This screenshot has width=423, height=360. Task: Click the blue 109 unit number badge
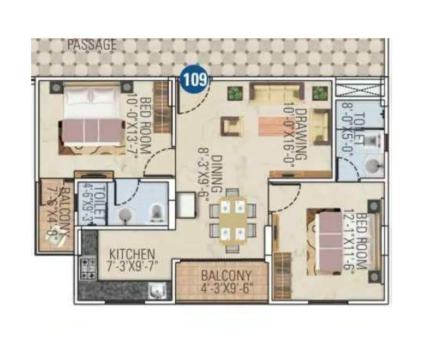coord(195,80)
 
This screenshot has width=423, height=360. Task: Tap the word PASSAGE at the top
coord(92,45)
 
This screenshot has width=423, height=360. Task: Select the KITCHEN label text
coord(132,255)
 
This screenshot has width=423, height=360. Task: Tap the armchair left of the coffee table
coord(230,126)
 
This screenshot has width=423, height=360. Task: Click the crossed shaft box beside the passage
coord(361,89)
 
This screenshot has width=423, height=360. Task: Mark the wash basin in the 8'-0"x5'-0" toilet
coord(373,166)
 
